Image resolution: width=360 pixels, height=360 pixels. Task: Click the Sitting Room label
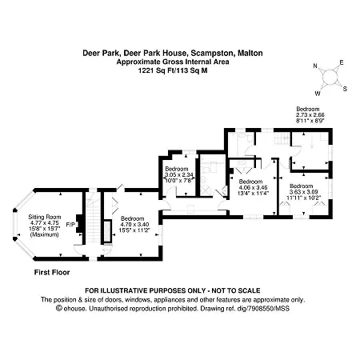tap(45, 217)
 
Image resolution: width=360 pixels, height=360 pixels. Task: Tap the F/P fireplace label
tap(70, 225)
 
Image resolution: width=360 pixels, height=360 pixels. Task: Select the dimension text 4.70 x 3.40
tap(134, 225)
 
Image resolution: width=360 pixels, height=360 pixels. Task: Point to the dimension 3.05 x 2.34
tap(179, 174)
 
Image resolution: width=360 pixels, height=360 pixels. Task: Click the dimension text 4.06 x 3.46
tap(253, 187)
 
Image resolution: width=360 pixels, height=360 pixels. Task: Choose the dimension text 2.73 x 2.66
tap(310, 115)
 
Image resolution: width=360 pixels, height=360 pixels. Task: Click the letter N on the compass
tap(315, 66)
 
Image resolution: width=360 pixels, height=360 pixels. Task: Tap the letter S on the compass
tap(345, 89)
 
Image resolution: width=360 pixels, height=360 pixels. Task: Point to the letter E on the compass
tap(342, 62)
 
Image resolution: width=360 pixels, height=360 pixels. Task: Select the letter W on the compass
tap(318, 94)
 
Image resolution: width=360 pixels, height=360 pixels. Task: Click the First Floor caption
tap(52, 272)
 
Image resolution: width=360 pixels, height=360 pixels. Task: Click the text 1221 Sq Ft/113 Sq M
tap(173, 70)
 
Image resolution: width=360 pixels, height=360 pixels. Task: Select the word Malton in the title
tap(250, 53)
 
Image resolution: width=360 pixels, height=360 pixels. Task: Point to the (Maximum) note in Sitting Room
tap(45, 234)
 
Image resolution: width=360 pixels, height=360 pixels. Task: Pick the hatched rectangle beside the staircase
tap(107, 231)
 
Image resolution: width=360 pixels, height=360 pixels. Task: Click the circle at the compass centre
tap(330, 78)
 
